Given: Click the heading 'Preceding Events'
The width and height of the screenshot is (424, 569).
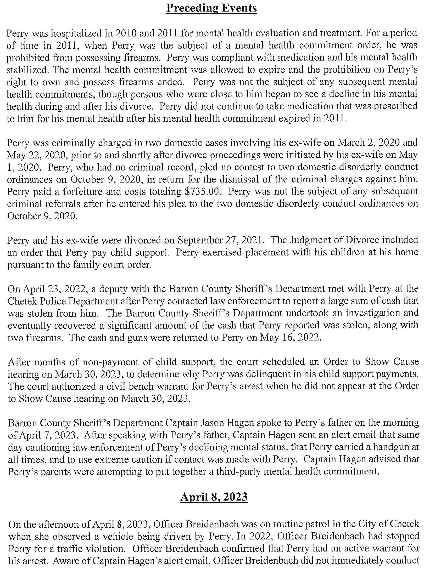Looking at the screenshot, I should coord(211,8).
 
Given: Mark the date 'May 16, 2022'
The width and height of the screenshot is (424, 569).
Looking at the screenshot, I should coord(290,338).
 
